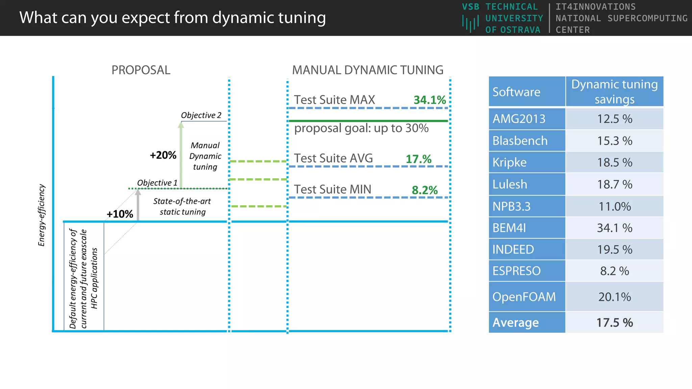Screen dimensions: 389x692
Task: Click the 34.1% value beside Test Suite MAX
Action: [429, 100]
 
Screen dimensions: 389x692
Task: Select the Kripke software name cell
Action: [526, 162]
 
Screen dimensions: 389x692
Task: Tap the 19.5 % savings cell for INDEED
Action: [614, 250]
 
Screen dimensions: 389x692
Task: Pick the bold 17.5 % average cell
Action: [614, 322]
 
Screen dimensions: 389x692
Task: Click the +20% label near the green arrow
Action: [163, 155]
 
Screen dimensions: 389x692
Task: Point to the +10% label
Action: [120, 214]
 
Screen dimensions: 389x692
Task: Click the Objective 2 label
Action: [201, 115]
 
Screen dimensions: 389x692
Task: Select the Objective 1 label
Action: [157, 183]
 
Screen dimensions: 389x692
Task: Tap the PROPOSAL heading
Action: [141, 70]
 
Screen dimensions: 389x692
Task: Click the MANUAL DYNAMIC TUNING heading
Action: [368, 70]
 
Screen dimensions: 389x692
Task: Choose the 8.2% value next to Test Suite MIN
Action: [424, 190]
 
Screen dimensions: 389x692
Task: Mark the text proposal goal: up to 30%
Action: [361, 128]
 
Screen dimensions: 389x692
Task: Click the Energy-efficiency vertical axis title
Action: [42, 215]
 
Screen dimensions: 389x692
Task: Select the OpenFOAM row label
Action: [526, 297]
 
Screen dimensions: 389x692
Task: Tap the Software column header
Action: [526, 92]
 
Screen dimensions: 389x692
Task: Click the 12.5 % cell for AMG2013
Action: [614, 119]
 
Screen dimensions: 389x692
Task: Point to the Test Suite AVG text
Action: [333, 158]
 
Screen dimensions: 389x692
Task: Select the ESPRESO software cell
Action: [526, 271]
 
